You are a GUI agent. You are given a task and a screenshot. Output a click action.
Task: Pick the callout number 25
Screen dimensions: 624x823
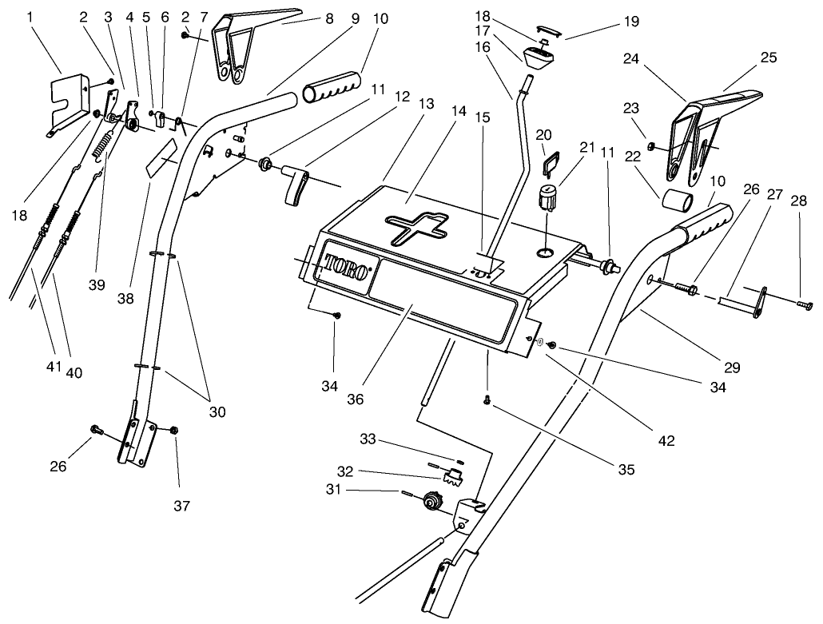pyautogui.click(x=768, y=58)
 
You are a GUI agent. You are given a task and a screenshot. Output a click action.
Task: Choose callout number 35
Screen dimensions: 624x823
pyautogui.click(x=626, y=470)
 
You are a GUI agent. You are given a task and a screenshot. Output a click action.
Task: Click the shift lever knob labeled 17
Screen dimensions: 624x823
pyautogui.click(x=540, y=56)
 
